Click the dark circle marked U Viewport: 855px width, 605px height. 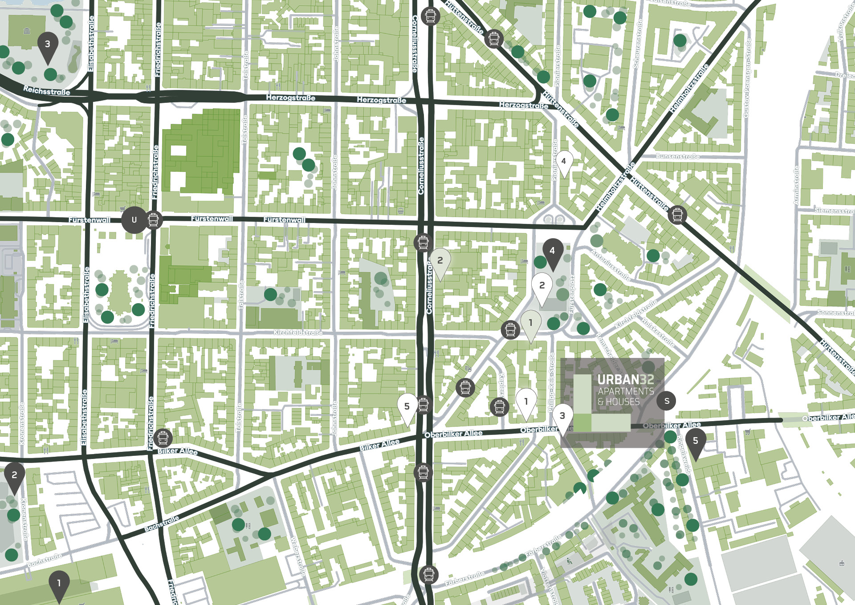134,219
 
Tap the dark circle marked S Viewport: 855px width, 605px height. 667,401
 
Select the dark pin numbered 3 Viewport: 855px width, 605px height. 48,45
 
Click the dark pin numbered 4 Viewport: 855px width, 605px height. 552,252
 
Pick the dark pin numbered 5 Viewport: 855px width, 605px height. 695,441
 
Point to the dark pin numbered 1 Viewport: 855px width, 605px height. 59,583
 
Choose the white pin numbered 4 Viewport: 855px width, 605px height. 564,162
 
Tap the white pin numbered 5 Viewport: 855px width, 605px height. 407,407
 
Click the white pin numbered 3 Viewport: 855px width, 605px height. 562,416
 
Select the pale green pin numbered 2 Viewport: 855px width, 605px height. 440,261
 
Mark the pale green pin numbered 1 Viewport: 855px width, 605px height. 530,323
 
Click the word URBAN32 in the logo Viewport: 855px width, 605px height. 625,380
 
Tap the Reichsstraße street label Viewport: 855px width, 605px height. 46,91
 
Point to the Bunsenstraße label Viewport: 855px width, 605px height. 677,156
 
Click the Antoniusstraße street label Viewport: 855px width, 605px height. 610,265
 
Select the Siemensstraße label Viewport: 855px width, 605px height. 834,211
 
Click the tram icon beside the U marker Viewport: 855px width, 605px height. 153,220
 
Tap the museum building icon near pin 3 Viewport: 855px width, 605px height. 27,31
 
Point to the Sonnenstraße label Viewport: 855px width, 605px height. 835,313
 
